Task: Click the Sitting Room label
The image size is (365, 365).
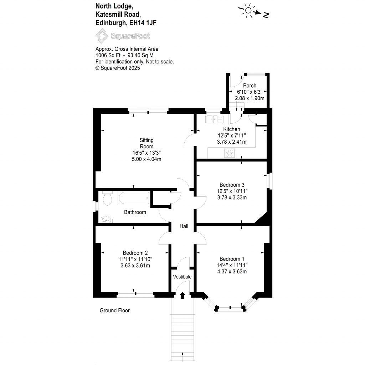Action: [x=146, y=143]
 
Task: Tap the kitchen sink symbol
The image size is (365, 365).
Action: [x=214, y=119]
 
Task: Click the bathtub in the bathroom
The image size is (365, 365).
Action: [x=134, y=199]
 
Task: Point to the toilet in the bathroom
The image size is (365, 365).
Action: [x=107, y=199]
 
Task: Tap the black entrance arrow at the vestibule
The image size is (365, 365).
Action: [x=183, y=295]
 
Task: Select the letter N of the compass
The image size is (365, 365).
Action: [x=266, y=15]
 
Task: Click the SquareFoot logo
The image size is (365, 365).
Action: [x=123, y=36]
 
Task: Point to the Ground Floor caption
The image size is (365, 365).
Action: [x=114, y=310]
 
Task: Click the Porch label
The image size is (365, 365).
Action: [x=250, y=86]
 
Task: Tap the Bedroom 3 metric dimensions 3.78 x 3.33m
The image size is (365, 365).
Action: [x=232, y=197]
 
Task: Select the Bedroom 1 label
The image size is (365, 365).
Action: [x=232, y=259]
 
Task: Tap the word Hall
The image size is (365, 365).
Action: [x=184, y=226]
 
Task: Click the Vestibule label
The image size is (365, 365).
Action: [x=182, y=277]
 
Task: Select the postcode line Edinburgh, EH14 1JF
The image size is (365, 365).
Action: [x=126, y=23]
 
